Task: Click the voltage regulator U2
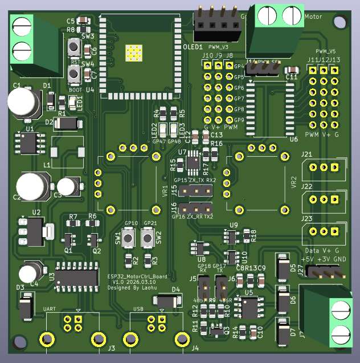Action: point(30,231)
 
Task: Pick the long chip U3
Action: point(77,278)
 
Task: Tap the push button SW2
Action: point(149,236)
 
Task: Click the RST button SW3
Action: point(74,46)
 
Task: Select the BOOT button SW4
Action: point(74,74)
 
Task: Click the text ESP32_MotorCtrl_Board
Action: point(137,276)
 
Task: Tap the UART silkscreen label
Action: point(50,308)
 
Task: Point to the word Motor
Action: point(313,17)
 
